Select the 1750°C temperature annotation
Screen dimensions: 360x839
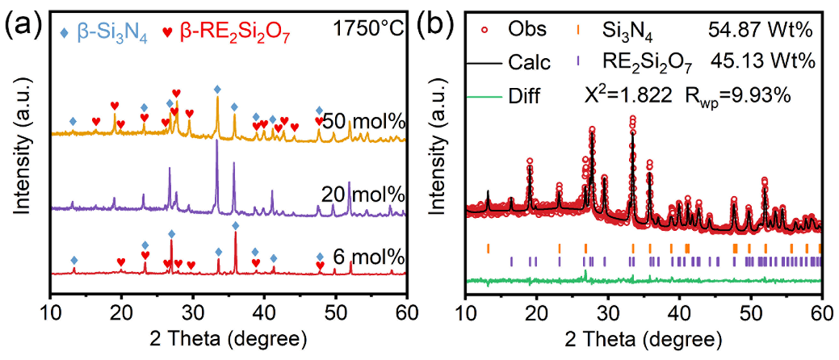pyautogui.click(x=367, y=31)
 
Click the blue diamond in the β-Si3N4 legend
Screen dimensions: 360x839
pyautogui.click(x=64, y=31)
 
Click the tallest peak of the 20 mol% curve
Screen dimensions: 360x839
pyautogui.click(x=216, y=144)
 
